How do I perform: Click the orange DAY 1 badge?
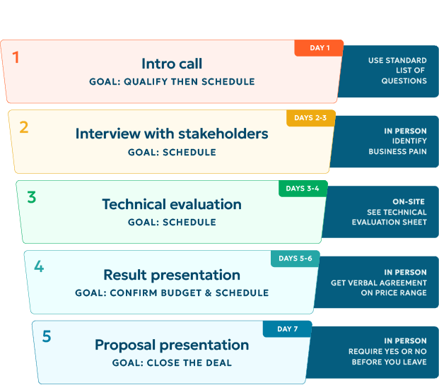click(x=319, y=48)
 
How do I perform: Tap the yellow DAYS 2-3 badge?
click(x=311, y=118)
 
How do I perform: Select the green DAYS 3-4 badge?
click(x=303, y=189)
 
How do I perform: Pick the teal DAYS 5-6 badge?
click(x=295, y=259)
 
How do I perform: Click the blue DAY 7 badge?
click(x=287, y=328)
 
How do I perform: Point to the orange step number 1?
click(x=16, y=57)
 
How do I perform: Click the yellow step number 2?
click(x=24, y=127)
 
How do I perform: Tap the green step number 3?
click(x=32, y=197)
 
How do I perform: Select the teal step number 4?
click(x=39, y=266)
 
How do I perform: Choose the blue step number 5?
click(x=47, y=336)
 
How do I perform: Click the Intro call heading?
click(x=172, y=64)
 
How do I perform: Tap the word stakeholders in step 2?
click(x=223, y=134)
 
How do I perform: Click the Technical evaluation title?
click(x=172, y=204)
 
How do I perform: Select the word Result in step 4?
click(x=125, y=275)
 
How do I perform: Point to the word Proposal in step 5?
click(x=125, y=345)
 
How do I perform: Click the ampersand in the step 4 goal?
click(x=209, y=293)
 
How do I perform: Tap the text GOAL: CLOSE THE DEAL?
click(x=172, y=363)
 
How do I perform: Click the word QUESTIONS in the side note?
click(x=404, y=81)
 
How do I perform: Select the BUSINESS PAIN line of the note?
click(x=397, y=151)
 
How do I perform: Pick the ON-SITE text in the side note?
click(x=409, y=201)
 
